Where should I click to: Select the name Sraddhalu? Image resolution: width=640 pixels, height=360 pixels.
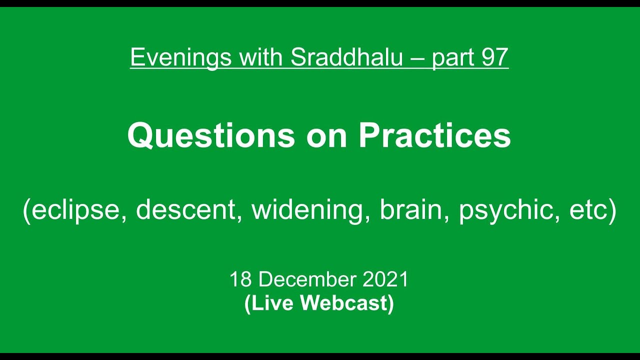tap(346, 57)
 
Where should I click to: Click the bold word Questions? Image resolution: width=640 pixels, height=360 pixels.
tap(211, 136)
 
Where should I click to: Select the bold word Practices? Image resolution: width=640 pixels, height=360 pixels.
tap(434, 136)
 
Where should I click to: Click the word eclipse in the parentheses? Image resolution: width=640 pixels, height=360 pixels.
tap(76, 210)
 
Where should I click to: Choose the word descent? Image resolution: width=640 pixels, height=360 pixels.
tap(185, 210)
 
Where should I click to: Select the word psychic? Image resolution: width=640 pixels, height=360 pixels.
tap(508, 210)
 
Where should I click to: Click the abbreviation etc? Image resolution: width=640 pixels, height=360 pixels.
tap(586, 210)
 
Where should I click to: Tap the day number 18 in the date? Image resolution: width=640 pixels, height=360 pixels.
tap(240, 279)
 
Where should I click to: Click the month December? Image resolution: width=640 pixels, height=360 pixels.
tap(307, 279)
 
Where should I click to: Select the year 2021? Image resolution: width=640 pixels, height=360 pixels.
tap(386, 279)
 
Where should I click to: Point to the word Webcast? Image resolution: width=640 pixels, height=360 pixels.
tap(346, 303)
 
